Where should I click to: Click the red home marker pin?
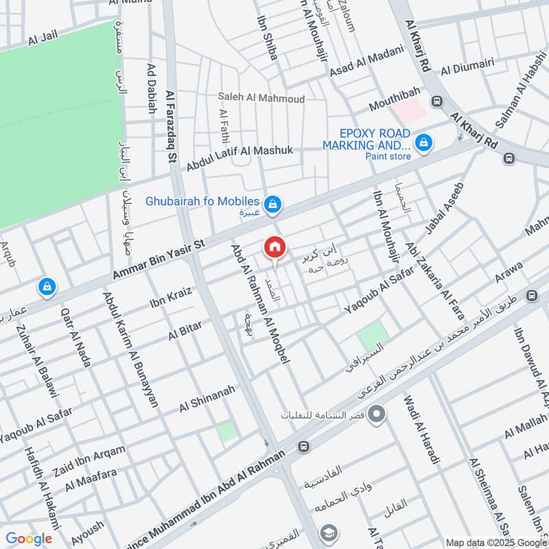(274, 247)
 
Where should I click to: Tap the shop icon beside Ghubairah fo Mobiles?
(273, 203)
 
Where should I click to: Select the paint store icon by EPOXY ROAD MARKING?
(425, 141)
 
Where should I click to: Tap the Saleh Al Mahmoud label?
(261, 99)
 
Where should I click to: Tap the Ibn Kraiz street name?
(170, 296)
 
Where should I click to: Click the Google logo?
(29, 539)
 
